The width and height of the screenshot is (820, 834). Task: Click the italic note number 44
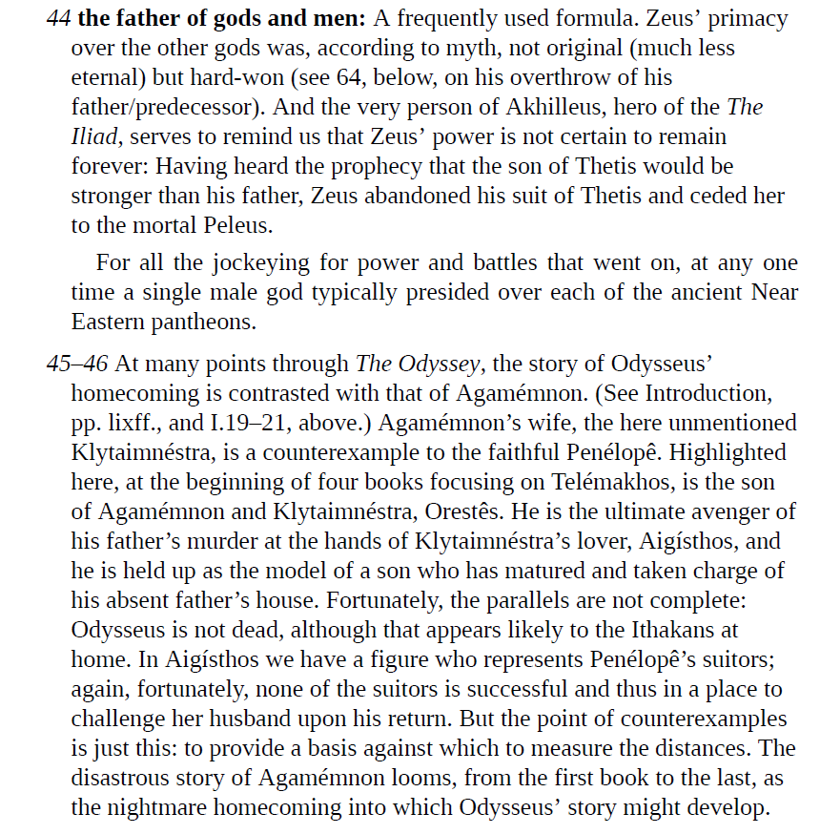[x=57, y=18]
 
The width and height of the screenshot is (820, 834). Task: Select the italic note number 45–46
[x=78, y=364]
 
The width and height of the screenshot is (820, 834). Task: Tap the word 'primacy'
[x=748, y=18]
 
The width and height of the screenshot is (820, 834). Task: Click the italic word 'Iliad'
[x=94, y=137]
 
